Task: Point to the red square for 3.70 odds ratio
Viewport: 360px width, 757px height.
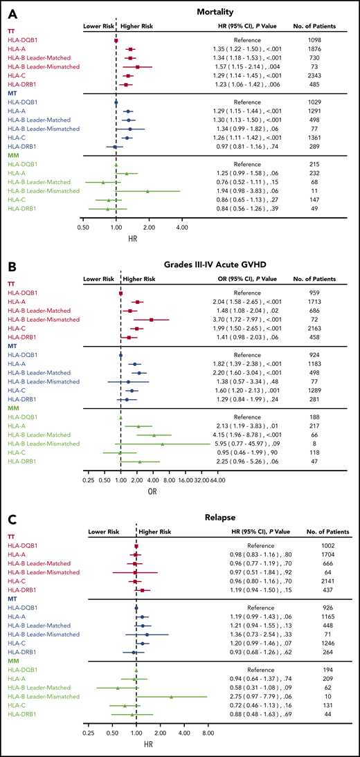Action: [152, 320]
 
